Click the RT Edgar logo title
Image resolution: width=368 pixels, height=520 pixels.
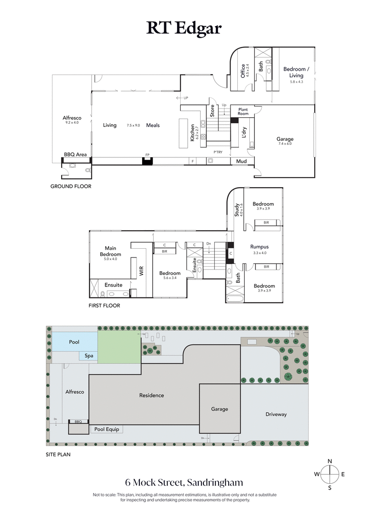184,28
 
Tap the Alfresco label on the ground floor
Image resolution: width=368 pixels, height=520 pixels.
72,118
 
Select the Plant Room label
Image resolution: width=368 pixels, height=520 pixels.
243,111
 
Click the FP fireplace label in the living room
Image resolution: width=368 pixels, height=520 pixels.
147,155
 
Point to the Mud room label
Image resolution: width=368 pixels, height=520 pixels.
241,161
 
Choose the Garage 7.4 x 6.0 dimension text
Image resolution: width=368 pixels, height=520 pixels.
284,144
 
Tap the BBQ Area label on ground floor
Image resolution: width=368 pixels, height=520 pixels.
75,154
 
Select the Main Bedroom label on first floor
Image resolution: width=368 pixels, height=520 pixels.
110,251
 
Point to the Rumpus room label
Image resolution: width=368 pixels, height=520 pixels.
259,247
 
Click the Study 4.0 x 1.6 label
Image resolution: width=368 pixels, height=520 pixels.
237,210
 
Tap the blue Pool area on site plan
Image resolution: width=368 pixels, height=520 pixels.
74,342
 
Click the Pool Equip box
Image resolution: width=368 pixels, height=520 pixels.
106,429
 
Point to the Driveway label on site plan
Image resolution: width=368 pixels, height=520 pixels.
276,414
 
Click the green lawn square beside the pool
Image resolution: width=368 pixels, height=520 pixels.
119,347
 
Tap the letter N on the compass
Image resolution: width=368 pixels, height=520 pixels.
330,461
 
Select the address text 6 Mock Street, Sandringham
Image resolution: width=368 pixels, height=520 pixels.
184,483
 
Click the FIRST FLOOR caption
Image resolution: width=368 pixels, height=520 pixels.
104,305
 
